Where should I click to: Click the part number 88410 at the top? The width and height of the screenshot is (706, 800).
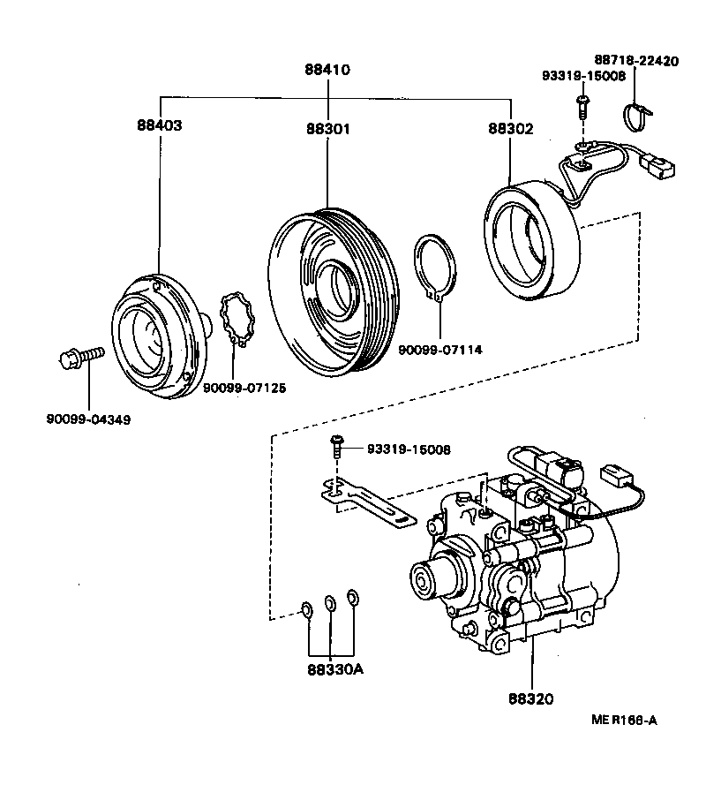coord(326,70)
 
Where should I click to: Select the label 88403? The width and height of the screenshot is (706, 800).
coord(159,125)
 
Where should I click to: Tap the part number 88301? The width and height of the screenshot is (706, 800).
coord(328,129)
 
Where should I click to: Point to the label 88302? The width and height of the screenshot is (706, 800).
coord(510,129)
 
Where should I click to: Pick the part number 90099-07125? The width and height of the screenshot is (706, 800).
coord(245,388)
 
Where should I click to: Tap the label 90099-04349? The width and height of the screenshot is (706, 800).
coord(88,419)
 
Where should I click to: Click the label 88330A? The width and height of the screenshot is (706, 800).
coord(335,669)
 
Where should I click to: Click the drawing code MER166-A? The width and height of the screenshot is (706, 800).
coord(624,720)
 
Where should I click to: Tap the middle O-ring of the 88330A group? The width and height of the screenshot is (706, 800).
coord(330,603)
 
